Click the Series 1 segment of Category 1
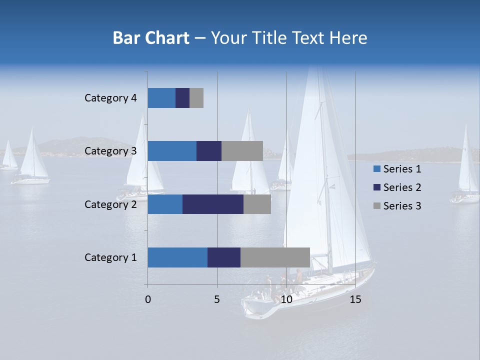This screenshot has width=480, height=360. pyautogui.click(x=177, y=257)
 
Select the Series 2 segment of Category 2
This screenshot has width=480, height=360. pyautogui.click(x=213, y=204)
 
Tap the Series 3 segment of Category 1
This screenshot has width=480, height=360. pyautogui.click(x=275, y=257)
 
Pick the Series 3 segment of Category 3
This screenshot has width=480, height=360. pyautogui.click(x=242, y=151)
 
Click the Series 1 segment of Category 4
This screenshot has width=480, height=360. pyautogui.click(x=161, y=98)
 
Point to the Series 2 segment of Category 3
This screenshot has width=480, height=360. pyautogui.click(x=209, y=151)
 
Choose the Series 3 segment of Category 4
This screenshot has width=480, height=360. pyautogui.click(x=196, y=98)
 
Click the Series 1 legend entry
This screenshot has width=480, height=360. pyautogui.click(x=401, y=169)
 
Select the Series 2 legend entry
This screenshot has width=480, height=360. pyautogui.click(x=401, y=187)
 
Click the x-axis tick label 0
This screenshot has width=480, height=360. pyautogui.click(x=148, y=299)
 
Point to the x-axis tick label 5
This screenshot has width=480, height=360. pyautogui.click(x=217, y=299)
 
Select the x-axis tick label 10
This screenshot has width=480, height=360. pyautogui.click(x=286, y=299)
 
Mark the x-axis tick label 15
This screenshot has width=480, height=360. pyautogui.click(x=355, y=299)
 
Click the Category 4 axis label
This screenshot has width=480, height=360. pyautogui.click(x=110, y=98)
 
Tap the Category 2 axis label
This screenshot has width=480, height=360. pyautogui.click(x=110, y=204)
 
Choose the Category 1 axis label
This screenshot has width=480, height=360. pyautogui.click(x=110, y=257)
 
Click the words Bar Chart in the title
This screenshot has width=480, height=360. pyautogui.click(x=151, y=38)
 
